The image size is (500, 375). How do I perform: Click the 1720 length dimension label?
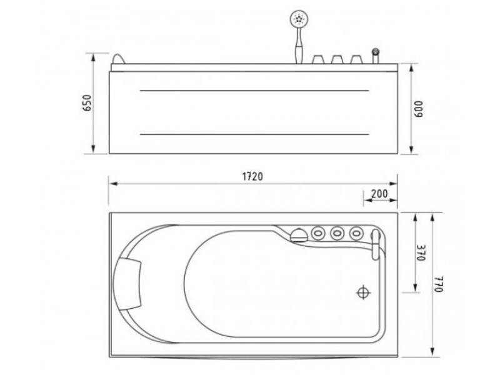point(252,176)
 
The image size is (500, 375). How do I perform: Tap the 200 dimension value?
point(379,194)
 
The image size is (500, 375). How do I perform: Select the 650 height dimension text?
point(87,102)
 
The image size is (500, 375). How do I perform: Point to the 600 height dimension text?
point(418,109)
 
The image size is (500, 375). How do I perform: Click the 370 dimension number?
point(421,253)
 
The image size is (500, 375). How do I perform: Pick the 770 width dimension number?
point(439,284)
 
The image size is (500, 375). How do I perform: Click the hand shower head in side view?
point(299,19)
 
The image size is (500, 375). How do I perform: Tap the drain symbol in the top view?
point(363,292)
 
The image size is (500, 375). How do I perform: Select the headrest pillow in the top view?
point(127,284)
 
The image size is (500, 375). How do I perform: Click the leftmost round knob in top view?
point(318,233)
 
